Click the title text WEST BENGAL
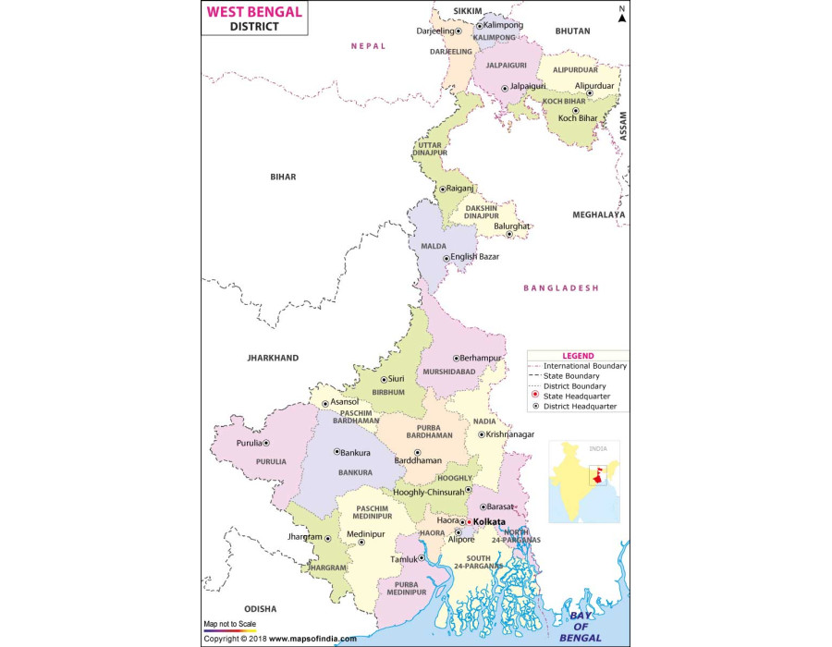click(x=252, y=12)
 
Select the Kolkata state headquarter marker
click(x=469, y=522)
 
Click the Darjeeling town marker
click(x=459, y=31)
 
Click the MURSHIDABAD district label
click(x=448, y=372)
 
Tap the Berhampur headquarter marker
click(x=455, y=358)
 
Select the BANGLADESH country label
click(x=561, y=288)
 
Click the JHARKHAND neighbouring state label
click(x=273, y=358)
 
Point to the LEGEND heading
click(x=578, y=356)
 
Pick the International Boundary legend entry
click(x=584, y=366)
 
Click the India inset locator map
click(x=584, y=481)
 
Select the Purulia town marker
click(x=266, y=444)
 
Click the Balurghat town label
click(x=510, y=226)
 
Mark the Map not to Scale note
click(x=230, y=623)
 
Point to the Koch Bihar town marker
click(x=575, y=111)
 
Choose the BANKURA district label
click(x=355, y=472)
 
